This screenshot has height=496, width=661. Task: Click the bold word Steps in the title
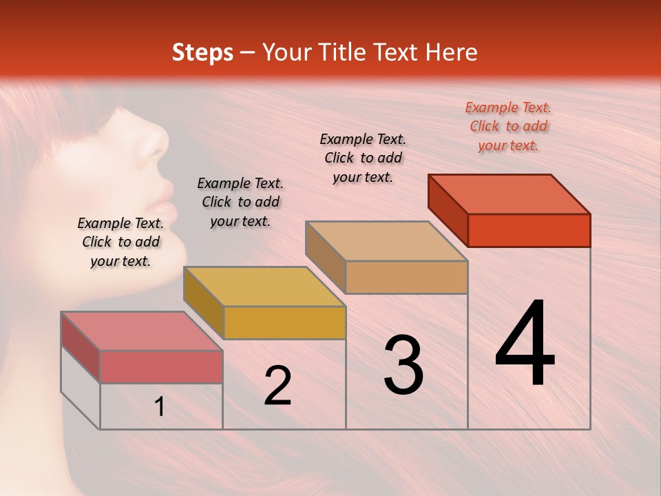202,52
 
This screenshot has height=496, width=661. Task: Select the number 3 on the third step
403,365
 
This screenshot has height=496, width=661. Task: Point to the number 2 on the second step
277,386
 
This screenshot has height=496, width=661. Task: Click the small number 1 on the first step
160,407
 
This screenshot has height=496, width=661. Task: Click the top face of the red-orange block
508,194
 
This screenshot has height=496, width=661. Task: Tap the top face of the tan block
386,241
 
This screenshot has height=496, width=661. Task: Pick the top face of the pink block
142,331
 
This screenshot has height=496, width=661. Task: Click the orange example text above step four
508,126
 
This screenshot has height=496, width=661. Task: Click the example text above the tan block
363,158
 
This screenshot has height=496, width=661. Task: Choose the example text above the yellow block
240,202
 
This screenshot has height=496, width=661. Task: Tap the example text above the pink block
120,242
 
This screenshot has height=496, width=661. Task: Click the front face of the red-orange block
529,230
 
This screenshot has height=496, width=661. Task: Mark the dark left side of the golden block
203,302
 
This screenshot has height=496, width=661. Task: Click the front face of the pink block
161,366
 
